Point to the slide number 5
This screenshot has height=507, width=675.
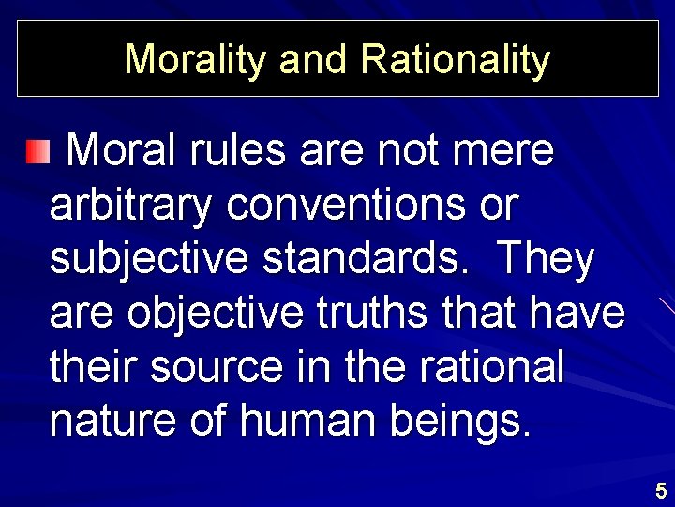[661, 490]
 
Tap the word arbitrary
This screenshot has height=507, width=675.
[130, 206]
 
